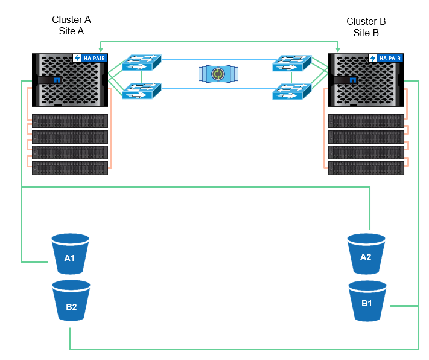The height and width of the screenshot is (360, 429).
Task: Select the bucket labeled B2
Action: point(71,304)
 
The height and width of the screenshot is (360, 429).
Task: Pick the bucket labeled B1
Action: point(367,301)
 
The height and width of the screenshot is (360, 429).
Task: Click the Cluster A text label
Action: point(71,19)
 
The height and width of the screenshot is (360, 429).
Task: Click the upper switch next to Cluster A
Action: point(142,62)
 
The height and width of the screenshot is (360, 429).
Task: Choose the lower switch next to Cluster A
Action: point(142,92)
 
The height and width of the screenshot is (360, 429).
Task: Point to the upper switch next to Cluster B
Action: point(292,62)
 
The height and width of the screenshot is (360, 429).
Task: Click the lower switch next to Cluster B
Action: point(292,92)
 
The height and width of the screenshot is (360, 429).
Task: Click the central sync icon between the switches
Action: point(218,74)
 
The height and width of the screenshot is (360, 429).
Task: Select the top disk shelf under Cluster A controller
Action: point(70,121)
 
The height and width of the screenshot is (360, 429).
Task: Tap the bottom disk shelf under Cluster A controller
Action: point(70,168)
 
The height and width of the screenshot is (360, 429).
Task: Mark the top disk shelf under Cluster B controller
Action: point(366,121)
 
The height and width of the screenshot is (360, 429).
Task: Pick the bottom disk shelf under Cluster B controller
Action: point(366,168)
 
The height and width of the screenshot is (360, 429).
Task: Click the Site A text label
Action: point(71,31)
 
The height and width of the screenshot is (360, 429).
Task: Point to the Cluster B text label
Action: point(366,21)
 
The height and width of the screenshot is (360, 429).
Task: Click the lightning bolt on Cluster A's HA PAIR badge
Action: point(77,59)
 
